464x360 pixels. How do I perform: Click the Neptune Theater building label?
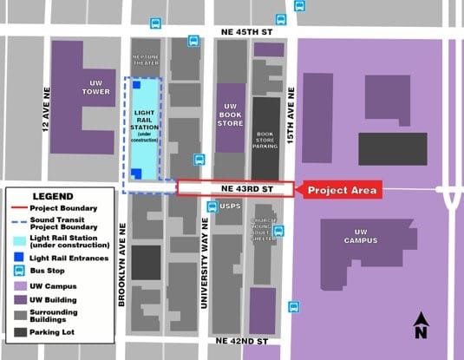(x=146, y=61)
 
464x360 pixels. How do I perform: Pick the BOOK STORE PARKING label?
(x=265, y=139)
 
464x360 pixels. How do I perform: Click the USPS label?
(x=229, y=206)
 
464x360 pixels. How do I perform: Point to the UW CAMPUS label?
(x=360, y=237)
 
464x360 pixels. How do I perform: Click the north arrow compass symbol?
(x=420, y=325)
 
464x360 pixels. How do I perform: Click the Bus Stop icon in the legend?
(x=17, y=270)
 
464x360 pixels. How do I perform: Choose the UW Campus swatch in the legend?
(x=17, y=285)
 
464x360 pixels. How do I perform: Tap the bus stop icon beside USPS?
(x=212, y=206)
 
